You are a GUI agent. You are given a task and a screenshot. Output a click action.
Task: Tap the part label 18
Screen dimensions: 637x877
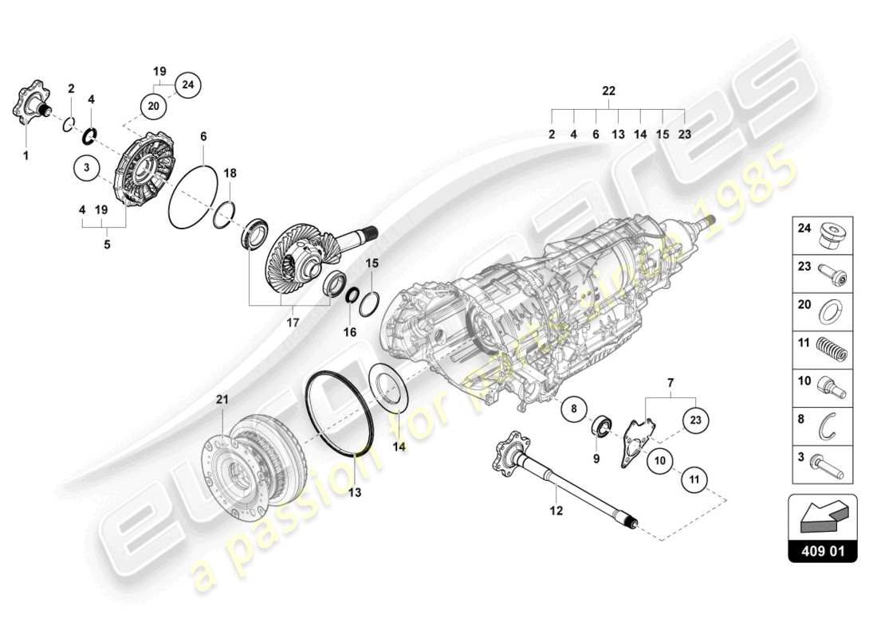[x=230, y=173]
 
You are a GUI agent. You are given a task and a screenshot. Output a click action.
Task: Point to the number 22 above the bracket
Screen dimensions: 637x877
[x=609, y=92]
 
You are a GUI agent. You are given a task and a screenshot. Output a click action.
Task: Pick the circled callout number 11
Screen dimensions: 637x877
[x=694, y=480]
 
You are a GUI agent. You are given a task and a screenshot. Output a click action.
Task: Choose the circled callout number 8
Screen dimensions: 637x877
[x=573, y=411]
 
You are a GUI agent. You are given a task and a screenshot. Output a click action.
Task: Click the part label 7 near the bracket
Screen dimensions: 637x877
[x=671, y=384]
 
